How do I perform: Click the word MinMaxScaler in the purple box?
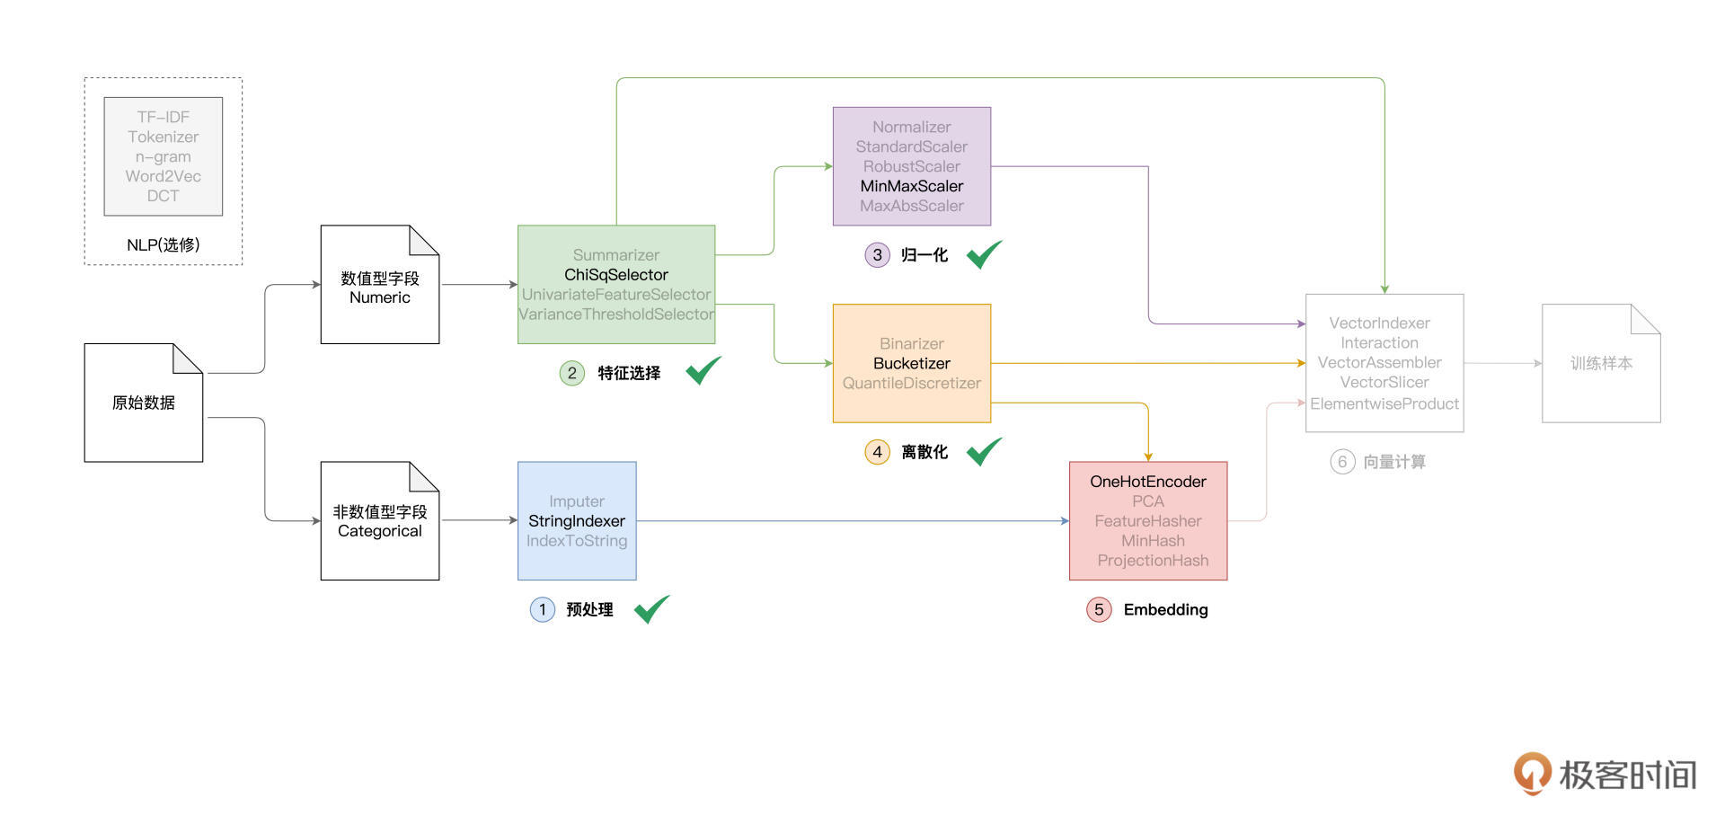pos(911,186)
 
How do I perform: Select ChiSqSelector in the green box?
pos(615,275)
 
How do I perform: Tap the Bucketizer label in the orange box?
pos(911,363)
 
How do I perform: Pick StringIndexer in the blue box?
pos(576,521)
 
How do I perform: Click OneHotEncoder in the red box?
pos(1147,482)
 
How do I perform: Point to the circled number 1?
pos(543,610)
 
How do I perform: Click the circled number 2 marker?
pos(572,373)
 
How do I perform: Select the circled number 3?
pos(877,255)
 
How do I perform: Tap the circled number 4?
pos(877,452)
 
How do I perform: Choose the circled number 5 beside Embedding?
pos(1099,610)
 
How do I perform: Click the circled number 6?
pos(1342,462)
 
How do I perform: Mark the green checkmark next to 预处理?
pos(651,609)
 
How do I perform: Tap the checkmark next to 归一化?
pos(984,254)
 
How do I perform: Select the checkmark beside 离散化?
pos(984,451)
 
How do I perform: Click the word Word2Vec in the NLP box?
pos(163,176)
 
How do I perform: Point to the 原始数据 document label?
pos(144,403)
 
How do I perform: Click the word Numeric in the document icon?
pos(379,297)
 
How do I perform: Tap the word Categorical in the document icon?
pos(379,531)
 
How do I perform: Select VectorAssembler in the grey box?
pos(1379,363)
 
